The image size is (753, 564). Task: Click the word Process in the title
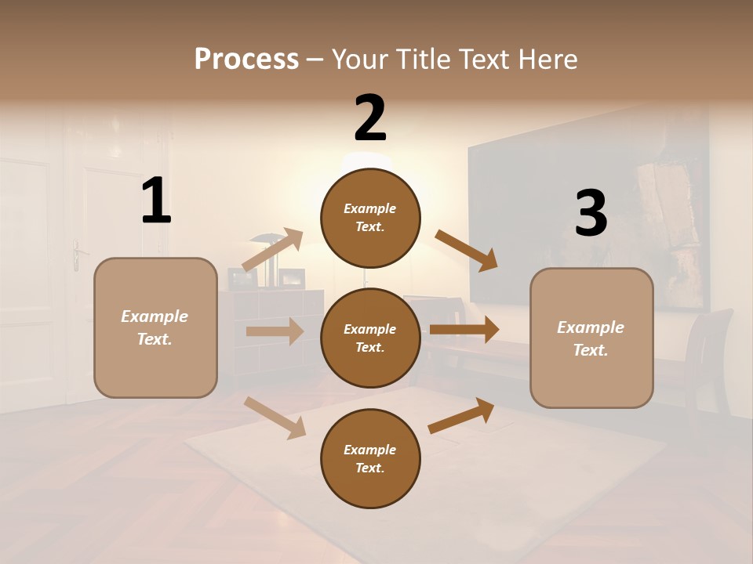pyautogui.click(x=246, y=59)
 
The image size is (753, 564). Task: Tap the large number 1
pyautogui.click(x=156, y=201)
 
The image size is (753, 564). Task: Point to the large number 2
pyautogui.click(x=370, y=118)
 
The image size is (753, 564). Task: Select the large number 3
pyautogui.click(x=591, y=214)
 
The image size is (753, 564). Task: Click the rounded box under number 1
pyautogui.click(x=155, y=327)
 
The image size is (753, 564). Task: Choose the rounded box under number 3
pyautogui.click(x=591, y=338)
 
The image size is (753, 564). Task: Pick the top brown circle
pyautogui.click(x=370, y=218)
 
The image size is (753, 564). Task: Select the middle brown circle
pyautogui.click(x=370, y=338)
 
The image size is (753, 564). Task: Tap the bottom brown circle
pyautogui.click(x=370, y=458)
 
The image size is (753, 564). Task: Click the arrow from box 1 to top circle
pyautogui.click(x=273, y=250)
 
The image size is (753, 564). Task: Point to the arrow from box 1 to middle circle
pyautogui.click(x=275, y=331)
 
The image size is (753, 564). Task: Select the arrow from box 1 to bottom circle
pyautogui.click(x=275, y=417)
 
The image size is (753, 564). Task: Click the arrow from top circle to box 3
pyautogui.click(x=467, y=251)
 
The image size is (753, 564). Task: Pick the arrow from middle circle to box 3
pyautogui.click(x=464, y=330)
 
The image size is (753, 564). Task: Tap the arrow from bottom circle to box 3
pyautogui.click(x=461, y=416)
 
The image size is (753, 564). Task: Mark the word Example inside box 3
pyautogui.click(x=591, y=327)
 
